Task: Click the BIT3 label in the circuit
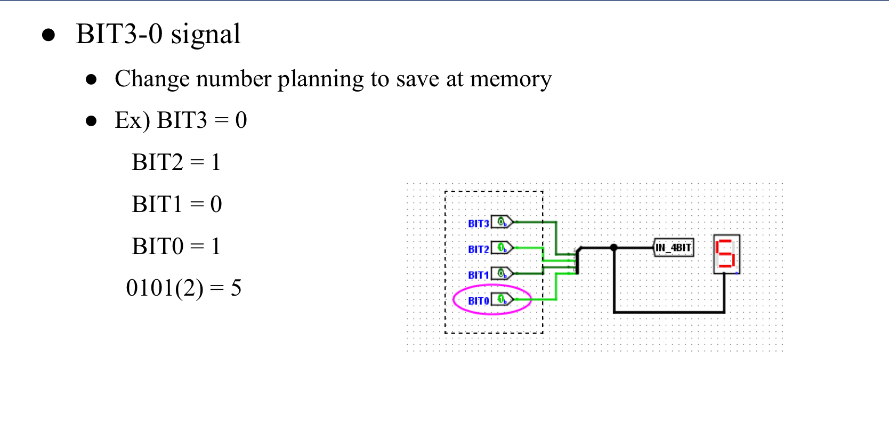point(478,224)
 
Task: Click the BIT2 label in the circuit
point(478,249)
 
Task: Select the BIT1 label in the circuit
point(478,275)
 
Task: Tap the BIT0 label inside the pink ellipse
point(478,301)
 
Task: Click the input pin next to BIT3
point(502,222)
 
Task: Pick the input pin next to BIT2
point(502,248)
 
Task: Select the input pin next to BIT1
point(502,273)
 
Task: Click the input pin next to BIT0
point(502,299)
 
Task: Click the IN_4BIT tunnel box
point(674,248)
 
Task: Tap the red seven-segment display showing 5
point(726,254)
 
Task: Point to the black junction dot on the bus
point(614,248)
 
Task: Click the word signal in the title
point(205,35)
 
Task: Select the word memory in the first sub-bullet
point(511,79)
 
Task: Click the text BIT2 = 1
point(176,162)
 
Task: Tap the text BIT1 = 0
point(176,204)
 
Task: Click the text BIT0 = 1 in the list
point(176,246)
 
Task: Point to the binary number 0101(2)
point(164,288)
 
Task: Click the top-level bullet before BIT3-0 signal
point(49,35)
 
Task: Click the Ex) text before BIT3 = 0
point(132,120)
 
